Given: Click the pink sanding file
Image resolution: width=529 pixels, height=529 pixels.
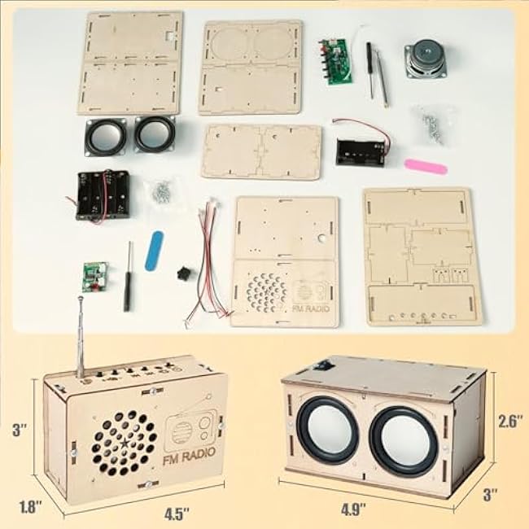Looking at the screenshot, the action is tap(426, 166).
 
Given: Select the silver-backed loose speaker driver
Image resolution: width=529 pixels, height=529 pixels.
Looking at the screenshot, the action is tap(426, 58).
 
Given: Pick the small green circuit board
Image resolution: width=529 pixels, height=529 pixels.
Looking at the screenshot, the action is tap(94, 277).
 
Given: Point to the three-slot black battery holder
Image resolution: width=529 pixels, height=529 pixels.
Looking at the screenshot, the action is tap(103, 195).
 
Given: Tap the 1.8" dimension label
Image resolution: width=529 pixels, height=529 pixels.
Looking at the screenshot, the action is tap(30, 507).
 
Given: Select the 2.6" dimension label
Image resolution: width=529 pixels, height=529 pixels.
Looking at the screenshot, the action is tap(512, 421).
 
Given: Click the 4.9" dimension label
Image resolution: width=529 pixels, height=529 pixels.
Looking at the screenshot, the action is tap(353, 509).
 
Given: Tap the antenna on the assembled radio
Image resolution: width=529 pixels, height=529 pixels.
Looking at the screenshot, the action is tap(81, 338).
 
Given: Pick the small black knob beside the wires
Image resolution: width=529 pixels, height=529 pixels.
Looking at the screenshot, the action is tap(183, 273).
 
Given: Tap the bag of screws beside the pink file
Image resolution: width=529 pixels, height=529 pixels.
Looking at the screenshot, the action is tap(431, 125).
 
